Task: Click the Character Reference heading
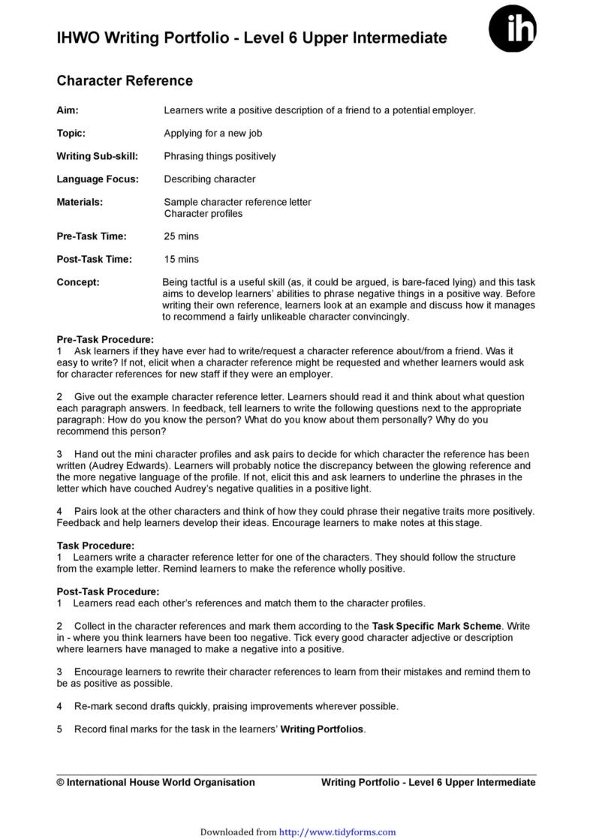coord(125,81)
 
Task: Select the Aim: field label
coord(68,110)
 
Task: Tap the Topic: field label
coord(71,133)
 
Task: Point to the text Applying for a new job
coord(212,133)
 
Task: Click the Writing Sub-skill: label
coord(92,156)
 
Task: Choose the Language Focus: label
coord(98,179)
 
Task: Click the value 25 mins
coord(181,236)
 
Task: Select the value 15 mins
coord(181,260)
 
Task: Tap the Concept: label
coord(78,282)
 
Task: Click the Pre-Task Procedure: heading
coord(105,340)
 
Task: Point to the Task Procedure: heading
coord(95,546)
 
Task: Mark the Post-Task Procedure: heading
coord(108,591)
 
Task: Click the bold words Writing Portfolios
coord(322,729)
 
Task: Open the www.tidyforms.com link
coord(337,832)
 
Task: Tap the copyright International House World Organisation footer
coord(155,782)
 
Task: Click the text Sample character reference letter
coord(237,203)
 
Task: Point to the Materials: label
coord(80,203)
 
